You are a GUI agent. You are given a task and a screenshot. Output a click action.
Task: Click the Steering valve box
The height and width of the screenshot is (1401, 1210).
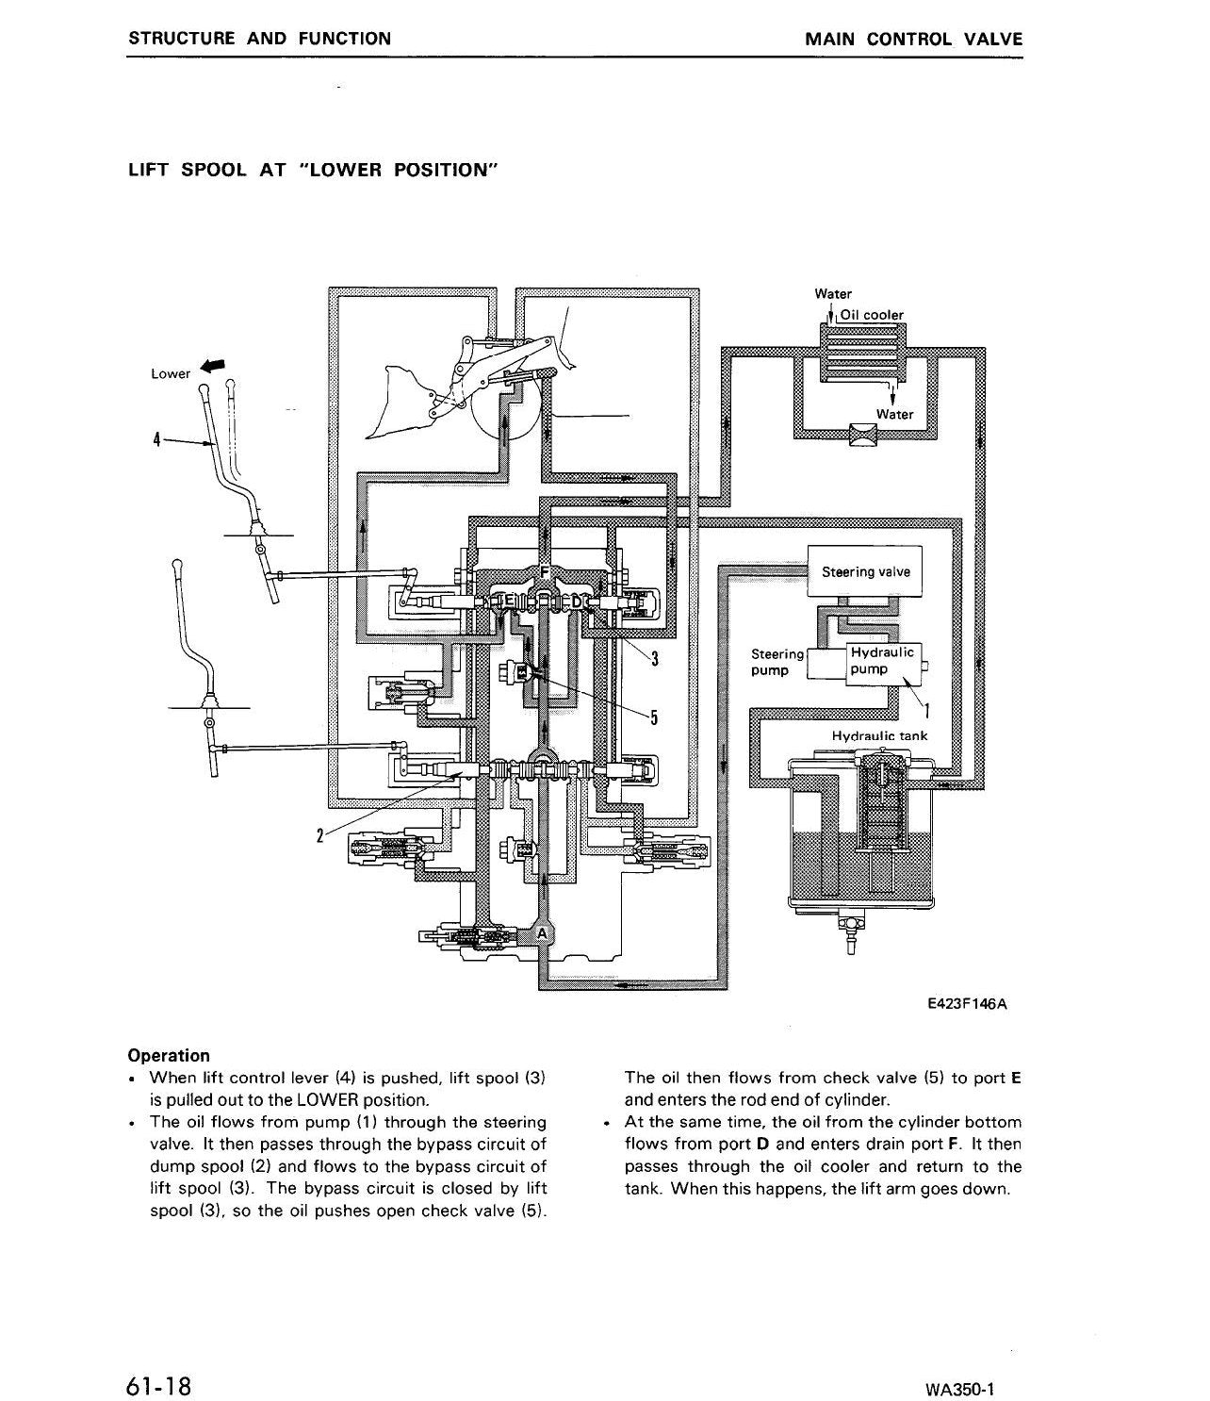[864, 570]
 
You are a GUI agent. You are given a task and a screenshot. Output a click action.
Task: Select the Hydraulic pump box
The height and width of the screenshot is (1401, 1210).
[883, 664]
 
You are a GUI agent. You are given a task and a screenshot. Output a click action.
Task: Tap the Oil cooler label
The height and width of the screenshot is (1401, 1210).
[872, 315]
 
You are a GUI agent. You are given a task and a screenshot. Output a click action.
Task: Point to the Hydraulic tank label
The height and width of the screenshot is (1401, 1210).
[879, 735]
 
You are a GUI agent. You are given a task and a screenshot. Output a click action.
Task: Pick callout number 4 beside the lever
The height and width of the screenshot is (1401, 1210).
[157, 440]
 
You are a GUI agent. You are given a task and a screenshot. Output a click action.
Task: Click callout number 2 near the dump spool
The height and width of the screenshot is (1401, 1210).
[319, 836]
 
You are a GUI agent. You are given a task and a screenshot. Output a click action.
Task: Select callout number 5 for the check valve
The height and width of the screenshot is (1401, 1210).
[654, 717]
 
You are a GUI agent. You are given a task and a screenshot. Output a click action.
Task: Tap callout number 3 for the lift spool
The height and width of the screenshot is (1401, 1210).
[654, 659]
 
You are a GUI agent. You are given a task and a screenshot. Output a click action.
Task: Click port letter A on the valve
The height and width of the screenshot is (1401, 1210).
[542, 933]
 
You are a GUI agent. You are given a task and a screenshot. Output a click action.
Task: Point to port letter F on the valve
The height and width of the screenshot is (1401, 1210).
[544, 572]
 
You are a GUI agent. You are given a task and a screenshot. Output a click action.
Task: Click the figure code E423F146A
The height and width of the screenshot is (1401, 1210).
[968, 1004]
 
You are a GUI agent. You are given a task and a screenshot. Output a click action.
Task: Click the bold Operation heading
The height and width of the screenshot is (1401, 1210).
[169, 1055]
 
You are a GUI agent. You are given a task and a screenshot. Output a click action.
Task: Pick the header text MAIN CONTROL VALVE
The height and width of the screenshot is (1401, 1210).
[914, 40]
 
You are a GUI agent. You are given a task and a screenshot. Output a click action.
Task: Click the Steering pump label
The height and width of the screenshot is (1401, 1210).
[777, 662]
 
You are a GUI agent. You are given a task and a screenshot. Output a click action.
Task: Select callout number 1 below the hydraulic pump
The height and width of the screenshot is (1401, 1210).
[927, 710]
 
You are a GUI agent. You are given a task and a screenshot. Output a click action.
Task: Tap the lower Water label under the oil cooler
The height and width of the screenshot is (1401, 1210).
[894, 414]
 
